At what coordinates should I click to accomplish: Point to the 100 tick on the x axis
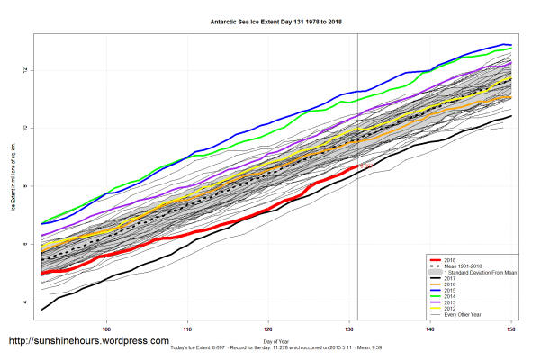pyautogui.click(x=107, y=328)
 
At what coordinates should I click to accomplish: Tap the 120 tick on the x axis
pyautogui.click(x=269, y=328)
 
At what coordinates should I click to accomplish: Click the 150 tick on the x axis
pyautogui.click(x=512, y=328)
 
